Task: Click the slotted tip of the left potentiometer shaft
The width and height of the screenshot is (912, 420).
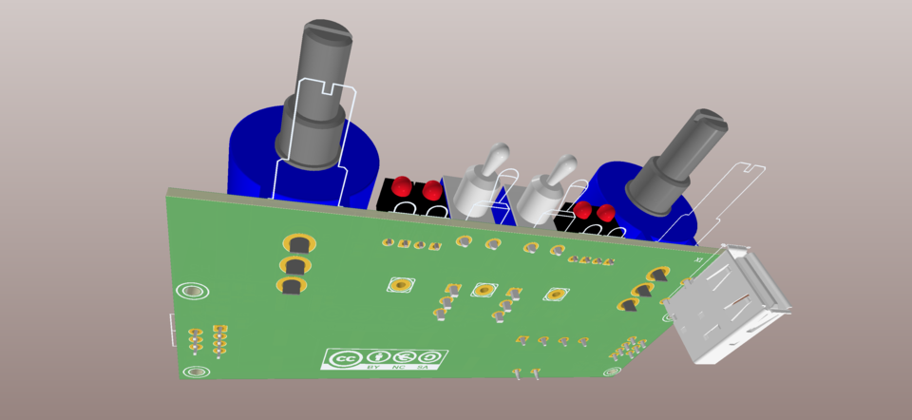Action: [x=325, y=35]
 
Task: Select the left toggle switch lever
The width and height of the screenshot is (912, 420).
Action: [x=494, y=162]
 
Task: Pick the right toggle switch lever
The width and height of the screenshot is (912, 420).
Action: [x=560, y=170]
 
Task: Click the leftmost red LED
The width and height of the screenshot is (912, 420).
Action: [x=402, y=185]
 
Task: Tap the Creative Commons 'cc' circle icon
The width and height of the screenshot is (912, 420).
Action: [x=342, y=359]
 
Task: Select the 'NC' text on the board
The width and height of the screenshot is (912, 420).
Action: [x=398, y=366]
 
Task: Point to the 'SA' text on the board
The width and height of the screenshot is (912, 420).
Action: [x=422, y=365]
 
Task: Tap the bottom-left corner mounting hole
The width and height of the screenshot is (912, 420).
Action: [x=197, y=372]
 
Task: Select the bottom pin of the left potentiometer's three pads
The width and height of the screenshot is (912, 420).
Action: [x=292, y=285]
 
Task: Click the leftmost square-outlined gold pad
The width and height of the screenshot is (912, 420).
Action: [x=402, y=284]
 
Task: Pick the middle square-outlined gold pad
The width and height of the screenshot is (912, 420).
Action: [x=484, y=289]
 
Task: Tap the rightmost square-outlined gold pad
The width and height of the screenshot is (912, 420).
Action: [x=556, y=295]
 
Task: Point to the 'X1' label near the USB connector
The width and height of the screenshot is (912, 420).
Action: [x=700, y=258]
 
